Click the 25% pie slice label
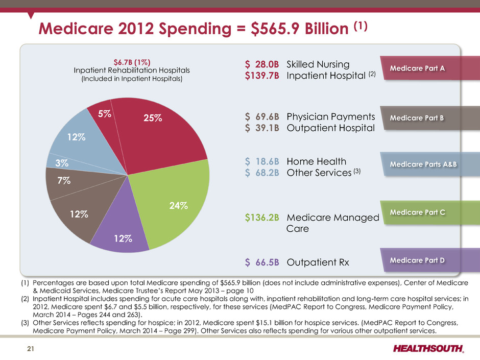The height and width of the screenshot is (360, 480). (153, 118)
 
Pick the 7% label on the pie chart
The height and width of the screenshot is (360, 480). (64, 180)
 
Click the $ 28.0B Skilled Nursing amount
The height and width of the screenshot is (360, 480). (262, 64)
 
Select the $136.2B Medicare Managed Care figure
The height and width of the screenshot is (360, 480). (262, 218)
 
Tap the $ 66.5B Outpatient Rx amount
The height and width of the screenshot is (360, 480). (262, 262)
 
